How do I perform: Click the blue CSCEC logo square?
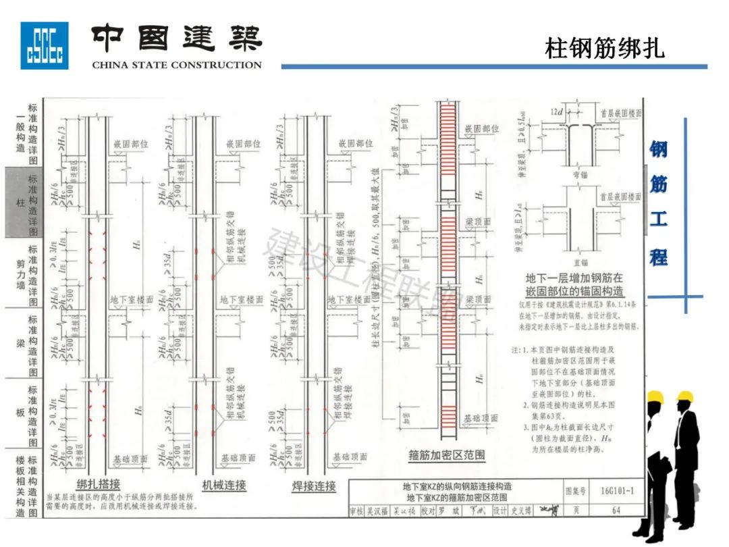click(x=44, y=45)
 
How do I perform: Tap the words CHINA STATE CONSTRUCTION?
click(x=176, y=66)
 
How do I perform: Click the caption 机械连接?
click(x=224, y=485)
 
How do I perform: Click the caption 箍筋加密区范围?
click(x=447, y=455)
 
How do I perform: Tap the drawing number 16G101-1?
click(x=616, y=491)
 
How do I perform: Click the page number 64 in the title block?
click(x=616, y=511)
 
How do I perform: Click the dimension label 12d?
click(x=556, y=111)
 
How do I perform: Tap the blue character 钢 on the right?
click(x=658, y=150)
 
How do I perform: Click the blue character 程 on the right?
click(x=658, y=257)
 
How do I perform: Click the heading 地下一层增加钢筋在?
click(x=574, y=278)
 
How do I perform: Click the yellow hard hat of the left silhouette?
click(x=653, y=397)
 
